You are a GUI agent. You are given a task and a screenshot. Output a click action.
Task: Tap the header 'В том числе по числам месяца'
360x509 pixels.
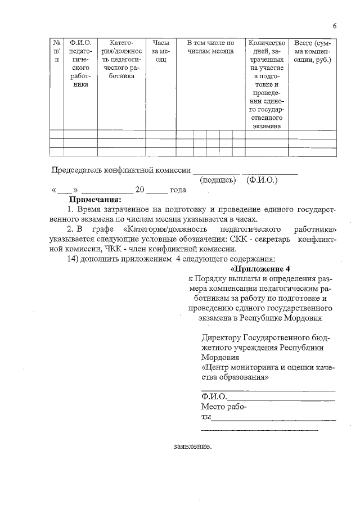(x=210, y=47)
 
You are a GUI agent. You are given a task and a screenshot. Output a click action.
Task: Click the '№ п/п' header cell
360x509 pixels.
(x=57, y=51)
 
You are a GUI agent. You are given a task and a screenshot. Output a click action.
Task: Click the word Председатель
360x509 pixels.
(x=78, y=170)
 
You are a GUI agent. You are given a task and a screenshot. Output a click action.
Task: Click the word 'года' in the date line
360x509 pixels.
(x=178, y=190)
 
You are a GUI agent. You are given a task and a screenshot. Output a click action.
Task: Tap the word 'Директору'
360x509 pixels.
(x=221, y=337)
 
